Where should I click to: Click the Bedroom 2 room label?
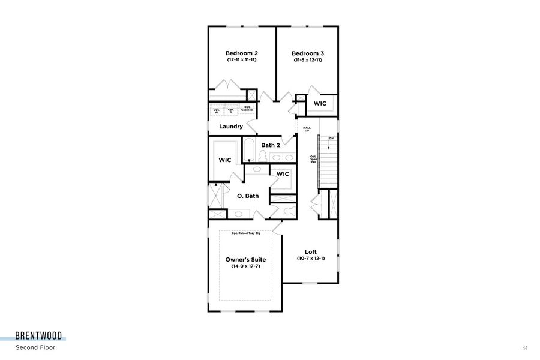tap(242, 53)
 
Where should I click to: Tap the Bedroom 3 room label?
tap(308, 53)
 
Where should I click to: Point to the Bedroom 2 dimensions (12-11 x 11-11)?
tap(242, 60)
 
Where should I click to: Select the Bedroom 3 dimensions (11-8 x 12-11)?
tap(308, 60)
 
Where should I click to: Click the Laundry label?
tap(231, 127)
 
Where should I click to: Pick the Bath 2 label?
tap(271, 145)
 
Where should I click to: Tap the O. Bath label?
tap(248, 196)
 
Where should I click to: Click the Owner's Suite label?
tap(245, 259)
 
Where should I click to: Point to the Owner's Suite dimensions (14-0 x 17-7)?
tap(245, 266)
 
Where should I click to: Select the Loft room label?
tap(311, 252)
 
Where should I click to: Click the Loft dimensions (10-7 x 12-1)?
tap(311, 259)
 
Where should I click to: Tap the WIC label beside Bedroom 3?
tap(320, 104)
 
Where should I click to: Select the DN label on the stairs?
tap(331, 139)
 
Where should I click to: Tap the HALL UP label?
tap(307, 129)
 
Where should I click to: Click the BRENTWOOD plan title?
tap(38, 336)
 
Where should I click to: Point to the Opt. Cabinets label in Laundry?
tap(247, 109)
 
